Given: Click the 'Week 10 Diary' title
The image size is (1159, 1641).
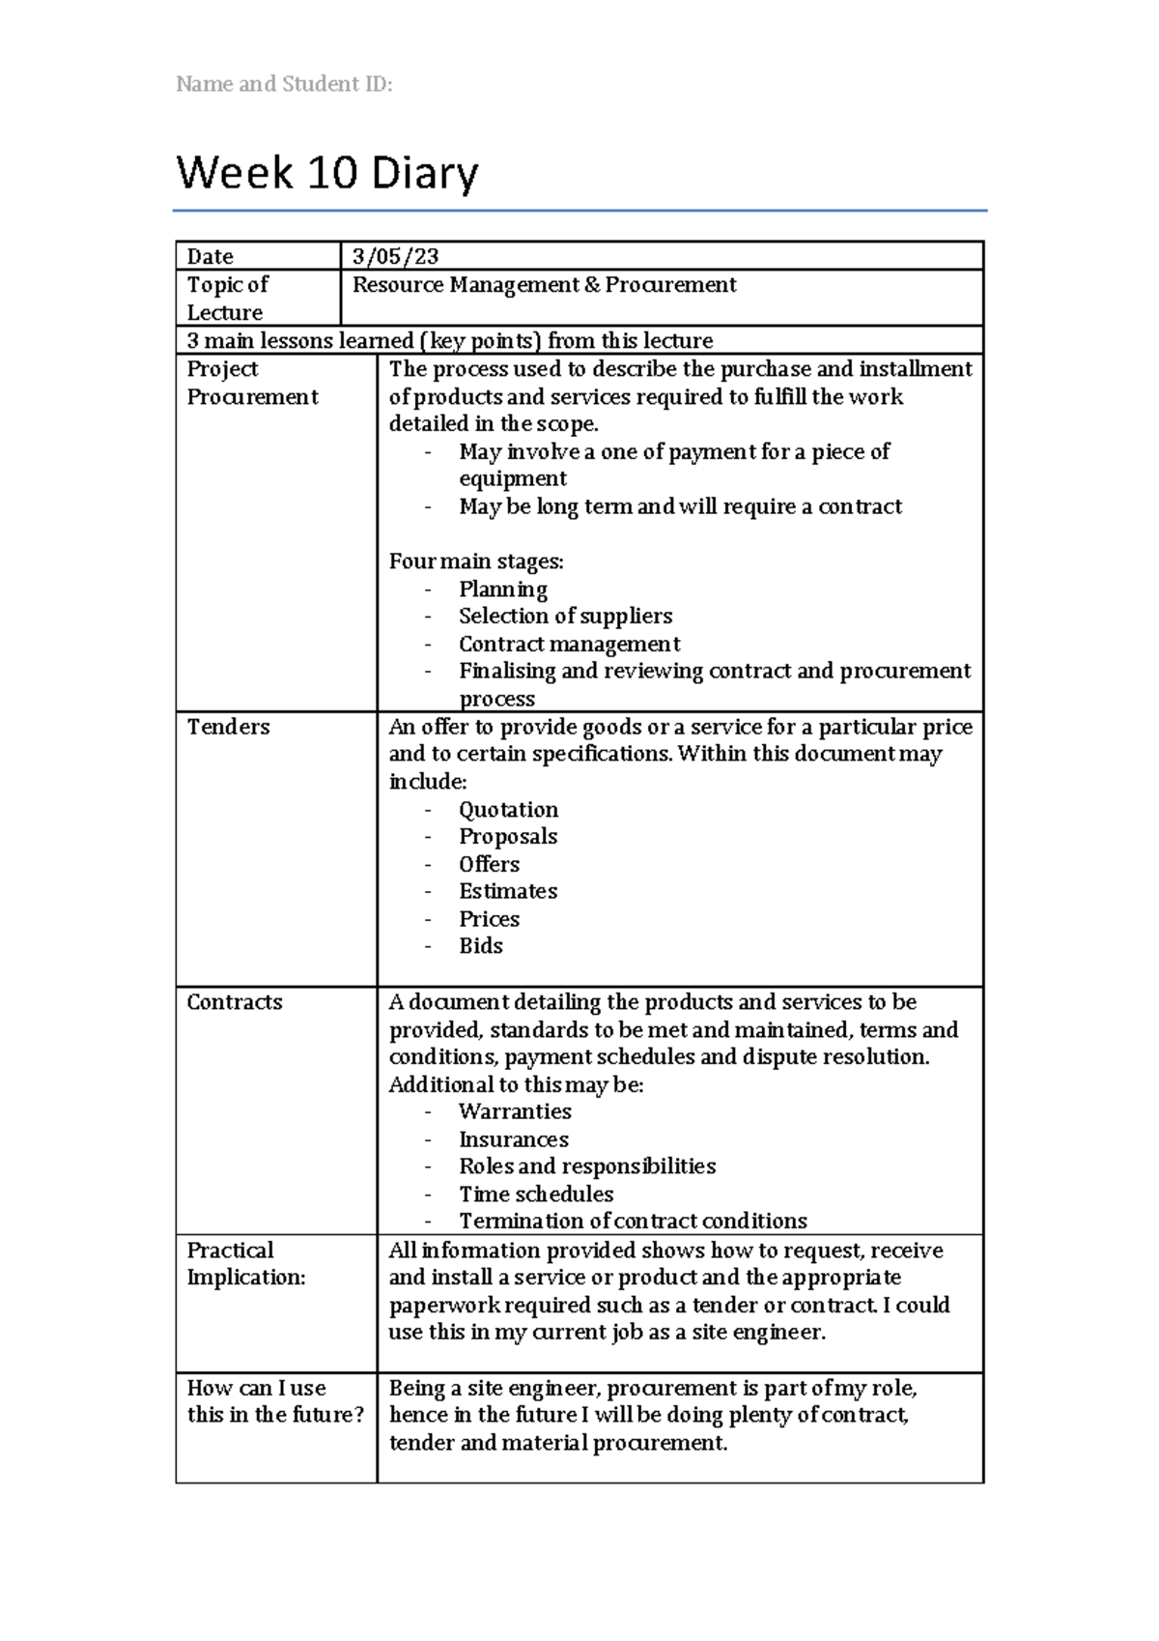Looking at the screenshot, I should pos(327,174).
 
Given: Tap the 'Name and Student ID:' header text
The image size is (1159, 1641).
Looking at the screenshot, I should pos(284,84).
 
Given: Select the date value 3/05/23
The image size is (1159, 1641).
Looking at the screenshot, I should pos(395,256).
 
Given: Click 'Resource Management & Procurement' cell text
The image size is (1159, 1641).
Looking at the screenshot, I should pos(544,284).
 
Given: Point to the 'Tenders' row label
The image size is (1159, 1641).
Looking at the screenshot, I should pos(228,727).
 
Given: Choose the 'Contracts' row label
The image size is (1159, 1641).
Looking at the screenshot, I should pos(235,1002).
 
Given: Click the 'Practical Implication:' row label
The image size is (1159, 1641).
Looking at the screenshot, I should pos(245,1263).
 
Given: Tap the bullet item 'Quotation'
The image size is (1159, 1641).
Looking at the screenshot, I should pos(508,810).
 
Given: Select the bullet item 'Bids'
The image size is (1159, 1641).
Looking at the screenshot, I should pos(481,946).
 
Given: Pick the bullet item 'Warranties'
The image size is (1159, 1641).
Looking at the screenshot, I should pos(515,1111).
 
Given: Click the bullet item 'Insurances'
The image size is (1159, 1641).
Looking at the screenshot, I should pos(514,1139).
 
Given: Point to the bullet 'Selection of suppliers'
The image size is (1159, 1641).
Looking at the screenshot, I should pos(565,617).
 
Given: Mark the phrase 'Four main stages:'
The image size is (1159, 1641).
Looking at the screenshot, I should pos(476,561).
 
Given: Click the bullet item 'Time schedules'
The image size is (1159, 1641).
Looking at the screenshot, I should pos(536,1195).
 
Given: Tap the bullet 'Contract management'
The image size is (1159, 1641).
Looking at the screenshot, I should pos(569,644).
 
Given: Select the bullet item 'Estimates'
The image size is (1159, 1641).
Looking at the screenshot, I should pos(508,891).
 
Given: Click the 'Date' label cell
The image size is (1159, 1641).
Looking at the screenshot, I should pos(211,256).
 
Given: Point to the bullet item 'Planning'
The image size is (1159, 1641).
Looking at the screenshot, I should pos(503,590).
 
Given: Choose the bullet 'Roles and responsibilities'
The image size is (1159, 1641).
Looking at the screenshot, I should pos(587,1166).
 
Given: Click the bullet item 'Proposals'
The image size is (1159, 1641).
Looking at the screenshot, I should pos(508,837).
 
